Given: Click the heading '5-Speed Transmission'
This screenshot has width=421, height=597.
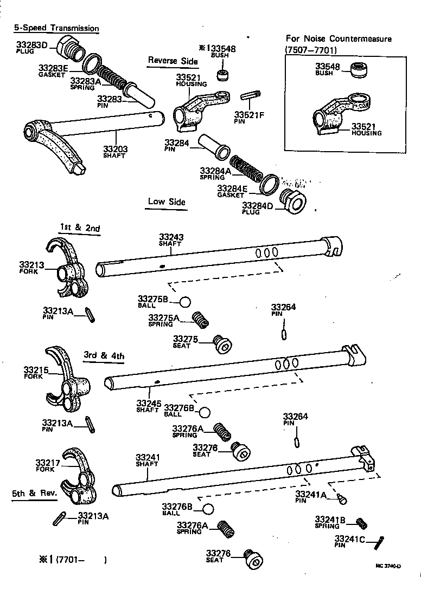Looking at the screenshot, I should pyautogui.click(x=56, y=28).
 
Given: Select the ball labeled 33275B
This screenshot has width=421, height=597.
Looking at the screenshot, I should pyautogui.click(x=185, y=302).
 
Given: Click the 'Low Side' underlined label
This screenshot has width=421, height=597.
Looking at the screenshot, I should pyautogui.click(x=167, y=202).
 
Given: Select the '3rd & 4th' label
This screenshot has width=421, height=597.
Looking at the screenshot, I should pyautogui.click(x=104, y=356).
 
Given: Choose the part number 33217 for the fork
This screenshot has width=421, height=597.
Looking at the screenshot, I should pyautogui.click(x=47, y=463).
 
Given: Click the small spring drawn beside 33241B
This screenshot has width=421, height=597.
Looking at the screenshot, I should pyautogui.click(x=362, y=523).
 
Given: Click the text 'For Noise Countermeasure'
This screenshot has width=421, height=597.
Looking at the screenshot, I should pyautogui.click(x=339, y=39).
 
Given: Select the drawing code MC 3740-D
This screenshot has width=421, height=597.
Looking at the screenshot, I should pyautogui.click(x=387, y=566).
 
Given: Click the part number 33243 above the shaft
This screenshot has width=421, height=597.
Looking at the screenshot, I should pyautogui.click(x=171, y=237).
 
